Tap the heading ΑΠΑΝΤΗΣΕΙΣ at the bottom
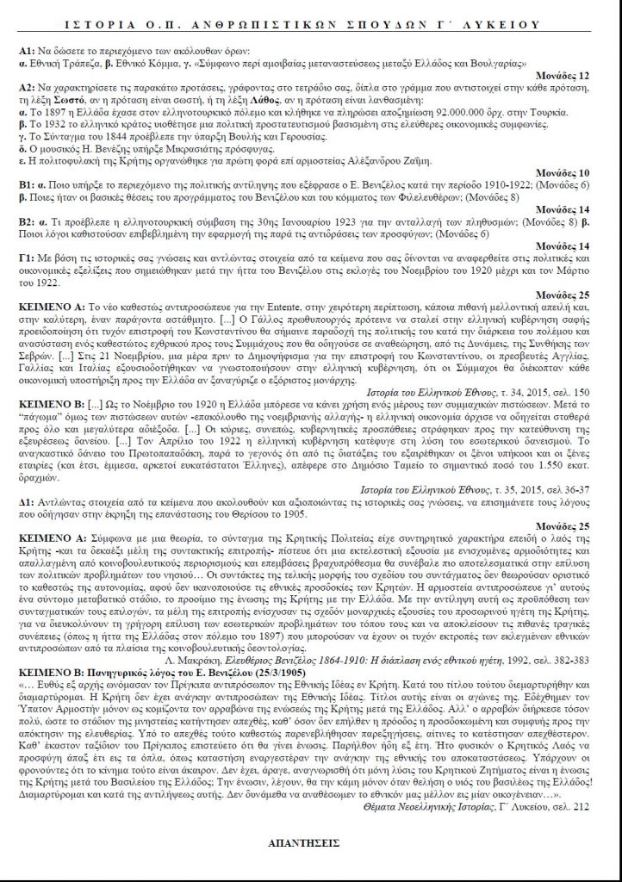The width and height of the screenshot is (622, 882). coord(311,846)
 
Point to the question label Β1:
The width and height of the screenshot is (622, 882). coord(25,187)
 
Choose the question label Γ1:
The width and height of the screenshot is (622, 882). coord(25,258)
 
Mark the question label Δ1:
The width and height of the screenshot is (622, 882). coord(25,501)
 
